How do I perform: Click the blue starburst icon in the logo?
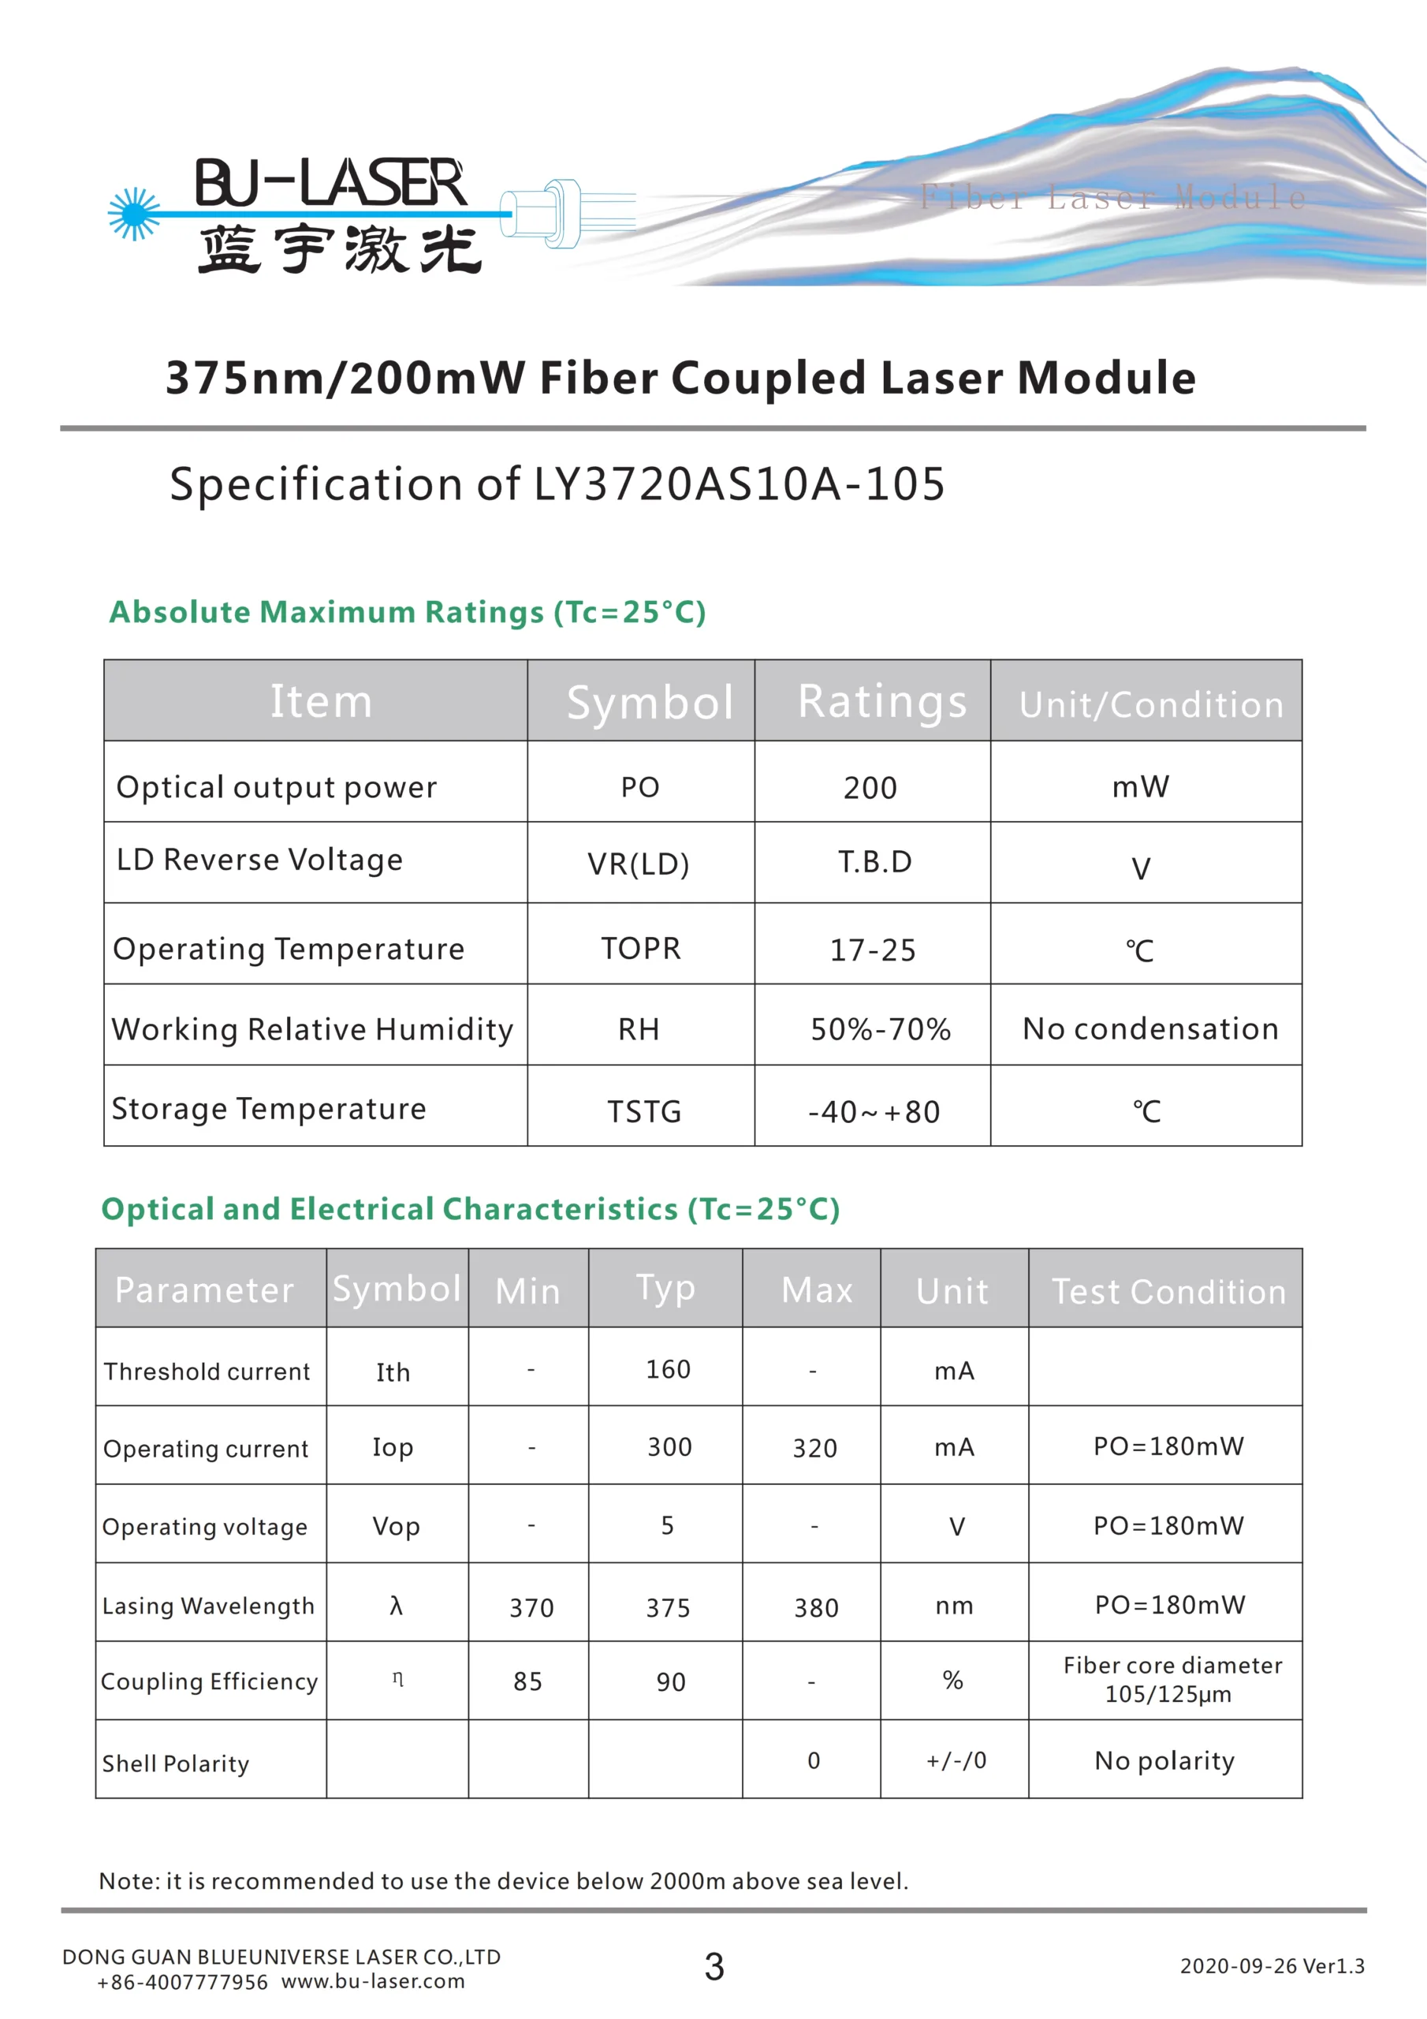(134, 214)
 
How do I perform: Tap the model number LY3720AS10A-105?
(740, 484)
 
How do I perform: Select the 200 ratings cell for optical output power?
(870, 788)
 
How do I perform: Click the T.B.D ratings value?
(875, 862)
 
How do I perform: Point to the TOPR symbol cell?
(641, 949)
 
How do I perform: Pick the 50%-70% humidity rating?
(880, 1030)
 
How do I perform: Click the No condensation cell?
(1150, 1029)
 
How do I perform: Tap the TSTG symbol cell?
(644, 1111)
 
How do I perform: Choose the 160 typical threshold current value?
(669, 1369)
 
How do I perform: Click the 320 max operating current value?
(815, 1448)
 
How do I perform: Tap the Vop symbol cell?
(396, 1525)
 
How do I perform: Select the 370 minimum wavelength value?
(532, 1608)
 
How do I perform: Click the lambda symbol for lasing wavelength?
(396, 1606)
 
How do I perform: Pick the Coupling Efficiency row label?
(209, 1681)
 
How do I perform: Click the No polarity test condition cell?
(1164, 1760)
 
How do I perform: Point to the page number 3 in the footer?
(714, 1967)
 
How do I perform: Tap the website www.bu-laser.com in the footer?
(373, 1981)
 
